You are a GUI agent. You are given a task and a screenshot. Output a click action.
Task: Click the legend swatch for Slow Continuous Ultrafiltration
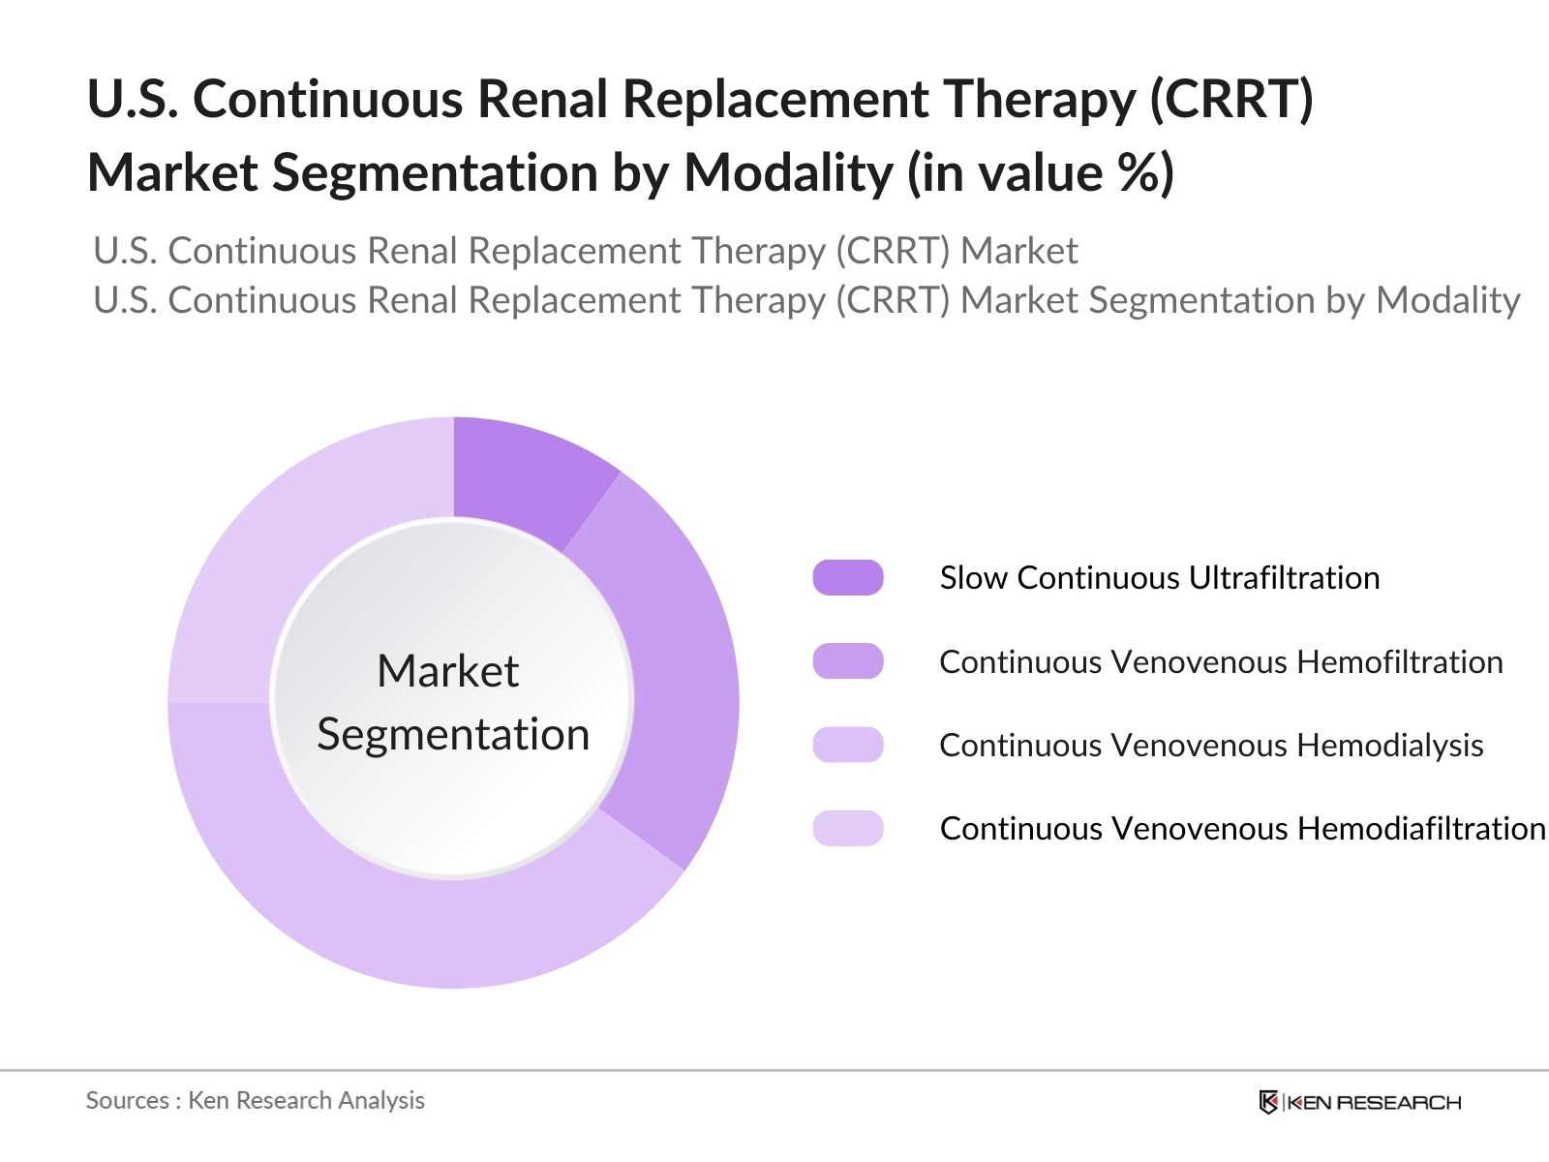click(x=848, y=577)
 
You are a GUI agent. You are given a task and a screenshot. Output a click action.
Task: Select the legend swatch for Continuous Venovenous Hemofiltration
click(x=848, y=661)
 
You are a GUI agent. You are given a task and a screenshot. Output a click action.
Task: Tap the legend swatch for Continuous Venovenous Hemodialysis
click(x=848, y=745)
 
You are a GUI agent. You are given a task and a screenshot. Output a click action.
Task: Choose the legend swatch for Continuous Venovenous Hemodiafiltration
click(x=848, y=829)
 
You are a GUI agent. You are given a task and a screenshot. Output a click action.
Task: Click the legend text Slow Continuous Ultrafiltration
click(x=1159, y=577)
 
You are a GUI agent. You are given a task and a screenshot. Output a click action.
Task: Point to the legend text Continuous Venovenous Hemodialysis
click(x=1210, y=745)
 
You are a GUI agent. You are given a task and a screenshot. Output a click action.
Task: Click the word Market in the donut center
click(x=447, y=671)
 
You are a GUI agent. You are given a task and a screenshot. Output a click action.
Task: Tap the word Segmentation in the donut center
click(x=453, y=734)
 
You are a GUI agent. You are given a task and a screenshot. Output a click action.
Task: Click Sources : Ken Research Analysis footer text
click(x=255, y=1100)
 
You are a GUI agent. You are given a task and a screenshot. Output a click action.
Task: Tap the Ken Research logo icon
click(x=1267, y=1102)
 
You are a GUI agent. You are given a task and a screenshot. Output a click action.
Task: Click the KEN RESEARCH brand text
click(x=1374, y=1102)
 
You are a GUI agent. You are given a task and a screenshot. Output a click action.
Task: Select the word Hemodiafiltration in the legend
click(x=1420, y=829)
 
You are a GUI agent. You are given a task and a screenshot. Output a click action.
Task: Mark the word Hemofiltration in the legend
click(x=1399, y=661)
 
